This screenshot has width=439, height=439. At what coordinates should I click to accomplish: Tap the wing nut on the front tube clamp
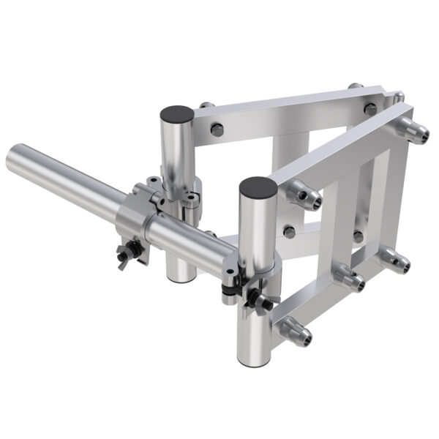pyautogui.click(x=260, y=301)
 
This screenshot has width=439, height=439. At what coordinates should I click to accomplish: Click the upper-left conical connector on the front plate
pyautogui.click(x=303, y=197)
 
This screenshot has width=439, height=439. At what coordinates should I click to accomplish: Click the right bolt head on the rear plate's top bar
pyautogui.click(x=370, y=108)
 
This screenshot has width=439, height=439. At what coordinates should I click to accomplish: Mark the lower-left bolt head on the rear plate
pyautogui.click(x=290, y=232)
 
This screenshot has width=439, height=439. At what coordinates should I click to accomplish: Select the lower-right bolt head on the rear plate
pyautogui.click(x=358, y=236)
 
